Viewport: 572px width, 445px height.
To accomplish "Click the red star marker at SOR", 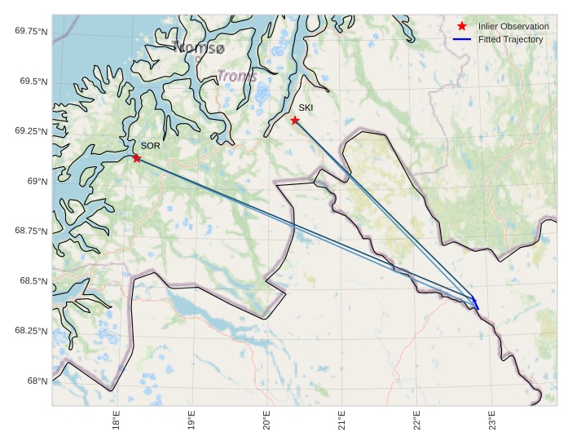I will [136, 158].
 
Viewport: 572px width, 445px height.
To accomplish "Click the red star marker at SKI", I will [295, 121].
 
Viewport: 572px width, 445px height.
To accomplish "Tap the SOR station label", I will [151, 146].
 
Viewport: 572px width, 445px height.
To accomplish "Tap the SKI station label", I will [306, 108].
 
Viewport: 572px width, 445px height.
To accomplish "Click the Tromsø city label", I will [199, 48].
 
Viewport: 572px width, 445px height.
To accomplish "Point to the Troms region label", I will [237, 77].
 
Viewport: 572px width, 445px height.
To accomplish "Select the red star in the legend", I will [462, 26].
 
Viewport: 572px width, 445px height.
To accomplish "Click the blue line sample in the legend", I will [462, 39].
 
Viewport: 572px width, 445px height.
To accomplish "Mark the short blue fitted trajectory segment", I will [474, 302].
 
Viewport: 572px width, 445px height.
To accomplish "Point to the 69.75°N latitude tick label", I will [29, 31].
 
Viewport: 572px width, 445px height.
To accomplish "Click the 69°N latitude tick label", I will [36, 181].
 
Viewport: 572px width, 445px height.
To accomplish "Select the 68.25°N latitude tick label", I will [29, 331].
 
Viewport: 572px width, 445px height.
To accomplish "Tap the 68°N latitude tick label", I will [36, 381].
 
